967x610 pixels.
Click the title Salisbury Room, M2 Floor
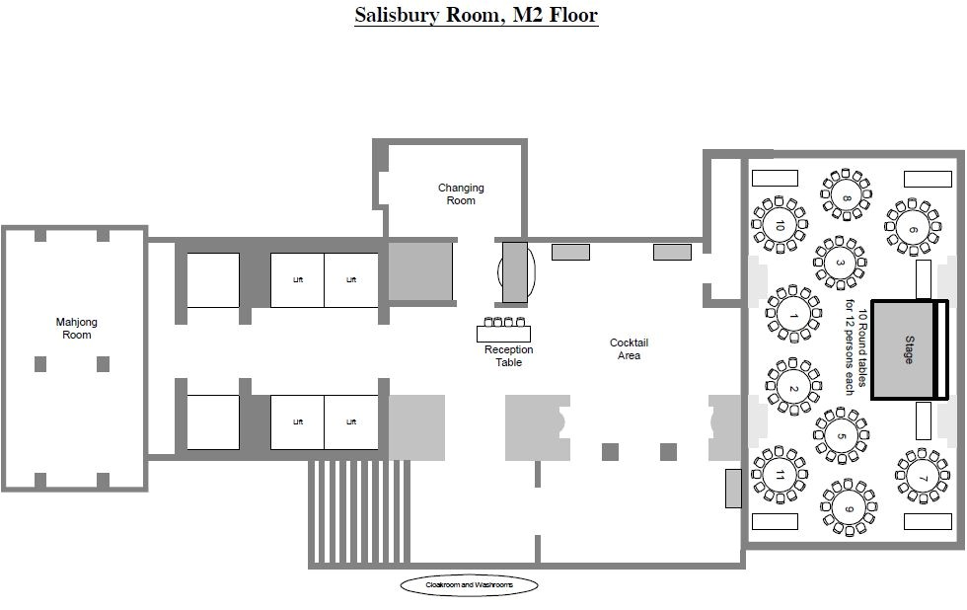476,15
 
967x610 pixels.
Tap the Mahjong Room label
76,329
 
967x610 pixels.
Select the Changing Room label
461,194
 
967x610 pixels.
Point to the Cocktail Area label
629,349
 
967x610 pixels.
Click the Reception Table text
508,356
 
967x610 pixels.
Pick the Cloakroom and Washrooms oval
469,585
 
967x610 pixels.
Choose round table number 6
912,229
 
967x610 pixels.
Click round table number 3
840,263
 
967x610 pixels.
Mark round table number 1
793,315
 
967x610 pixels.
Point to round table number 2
793,388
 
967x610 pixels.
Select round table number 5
842,435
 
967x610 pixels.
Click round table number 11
780,475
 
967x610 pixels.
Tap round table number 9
848,508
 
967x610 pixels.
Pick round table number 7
923,479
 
